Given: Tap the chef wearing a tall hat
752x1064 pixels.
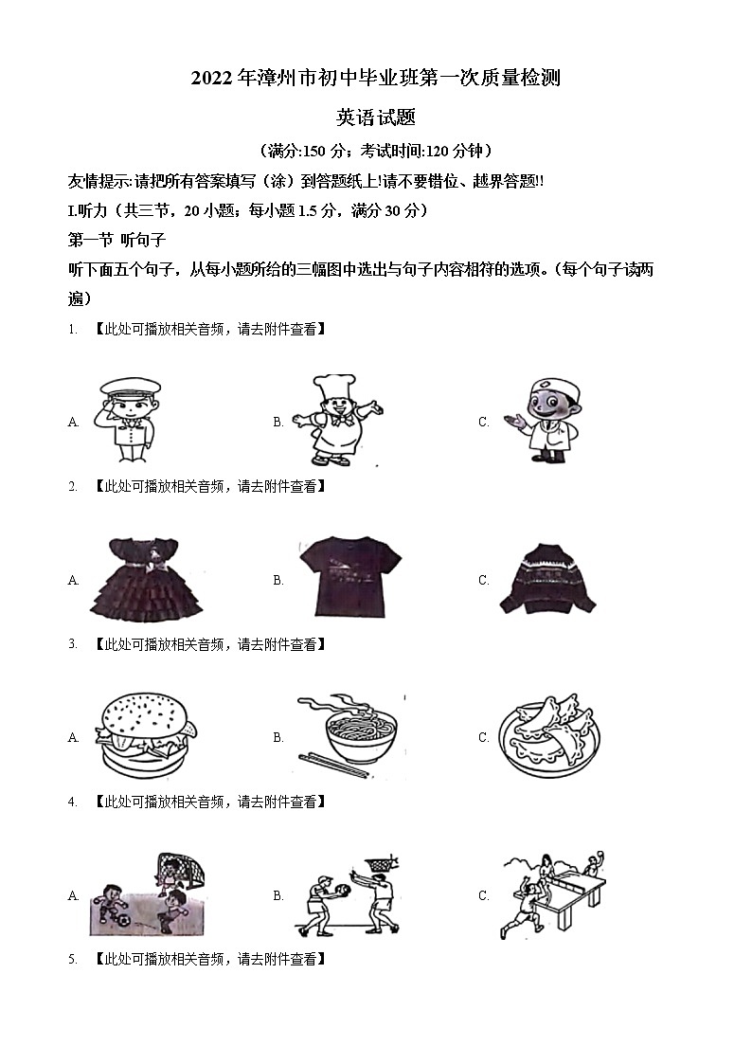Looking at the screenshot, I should tap(333, 419).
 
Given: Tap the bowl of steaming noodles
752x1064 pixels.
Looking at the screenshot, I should tap(347, 730).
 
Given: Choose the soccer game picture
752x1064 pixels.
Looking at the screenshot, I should tap(148, 894).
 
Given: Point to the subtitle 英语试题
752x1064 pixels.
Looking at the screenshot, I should tap(376, 117).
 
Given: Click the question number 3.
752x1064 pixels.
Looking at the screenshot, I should tap(72, 644).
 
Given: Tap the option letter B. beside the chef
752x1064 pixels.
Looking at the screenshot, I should tap(278, 423).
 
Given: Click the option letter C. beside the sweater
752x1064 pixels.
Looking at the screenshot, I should tap(483, 580).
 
